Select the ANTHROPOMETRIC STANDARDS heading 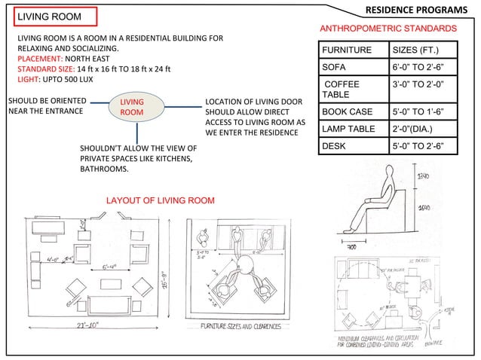pyautogui.click(x=388, y=28)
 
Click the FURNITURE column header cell pyautogui.click(x=347, y=50)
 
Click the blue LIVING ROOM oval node pyautogui.click(x=132, y=107)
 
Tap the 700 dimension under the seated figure pyautogui.click(x=352, y=246)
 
